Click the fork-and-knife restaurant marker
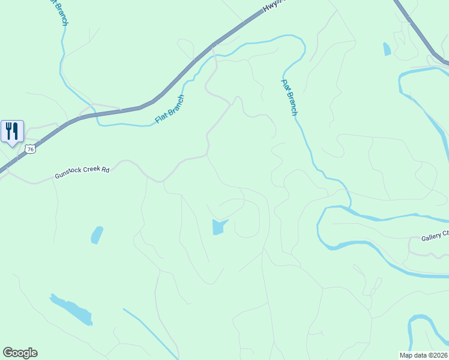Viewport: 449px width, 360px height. click(x=12, y=131)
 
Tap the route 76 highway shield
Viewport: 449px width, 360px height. click(x=31, y=148)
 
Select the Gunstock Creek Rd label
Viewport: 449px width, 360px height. click(x=82, y=172)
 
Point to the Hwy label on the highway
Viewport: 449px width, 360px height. click(x=271, y=7)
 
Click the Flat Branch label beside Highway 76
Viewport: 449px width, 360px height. click(x=169, y=109)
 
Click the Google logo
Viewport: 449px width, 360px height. click(x=20, y=353)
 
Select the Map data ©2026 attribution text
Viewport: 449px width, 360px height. click(x=423, y=355)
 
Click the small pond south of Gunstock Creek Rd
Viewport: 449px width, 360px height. click(x=97, y=235)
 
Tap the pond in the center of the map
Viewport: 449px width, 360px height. click(x=218, y=227)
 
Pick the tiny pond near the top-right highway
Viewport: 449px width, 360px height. click(x=387, y=49)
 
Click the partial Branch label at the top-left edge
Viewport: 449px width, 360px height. click(x=60, y=12)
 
